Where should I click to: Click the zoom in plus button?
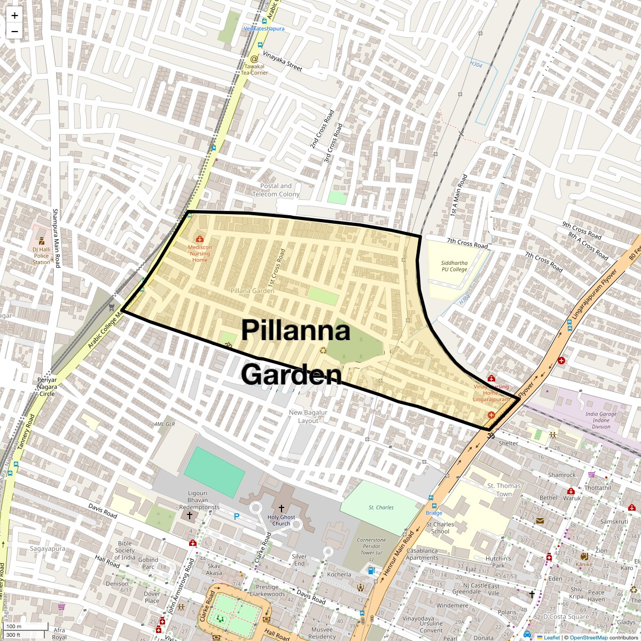tap(14, 15)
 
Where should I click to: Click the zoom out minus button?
tap(14, 31)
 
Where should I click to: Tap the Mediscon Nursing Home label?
tap(200, 253)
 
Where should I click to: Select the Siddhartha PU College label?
tap(454, 266)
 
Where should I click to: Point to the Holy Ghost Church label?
tap(282, 520)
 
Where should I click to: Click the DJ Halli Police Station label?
tap(41, 256)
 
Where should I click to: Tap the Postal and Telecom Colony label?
tap(276, 190)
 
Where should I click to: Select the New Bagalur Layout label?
tap(308, 417)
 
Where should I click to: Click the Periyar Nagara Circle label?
tap(46, 387)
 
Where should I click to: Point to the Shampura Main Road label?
tap(56, 238)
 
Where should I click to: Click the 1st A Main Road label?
tap(458, 195)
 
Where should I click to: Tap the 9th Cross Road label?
tap(582, 230)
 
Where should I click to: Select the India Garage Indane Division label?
tap(600, 420)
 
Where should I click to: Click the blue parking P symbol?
tap(236, 517)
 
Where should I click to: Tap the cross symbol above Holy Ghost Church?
tap(281, 508)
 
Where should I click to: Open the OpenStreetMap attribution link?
tap(588, 637)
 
